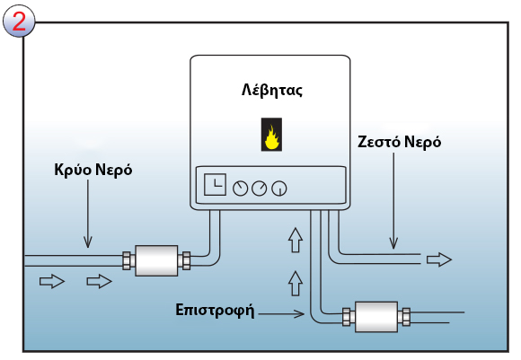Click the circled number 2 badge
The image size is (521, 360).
18,20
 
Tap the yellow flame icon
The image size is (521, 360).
270,136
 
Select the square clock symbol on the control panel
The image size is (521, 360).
215,185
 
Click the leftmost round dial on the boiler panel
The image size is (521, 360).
240,189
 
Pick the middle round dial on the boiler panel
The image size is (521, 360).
260,189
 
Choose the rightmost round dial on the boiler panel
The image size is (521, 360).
279,189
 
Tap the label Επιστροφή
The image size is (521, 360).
215,312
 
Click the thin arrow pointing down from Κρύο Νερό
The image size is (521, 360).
88,215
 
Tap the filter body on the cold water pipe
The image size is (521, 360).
156,261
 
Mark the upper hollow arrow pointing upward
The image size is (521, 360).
293,240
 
